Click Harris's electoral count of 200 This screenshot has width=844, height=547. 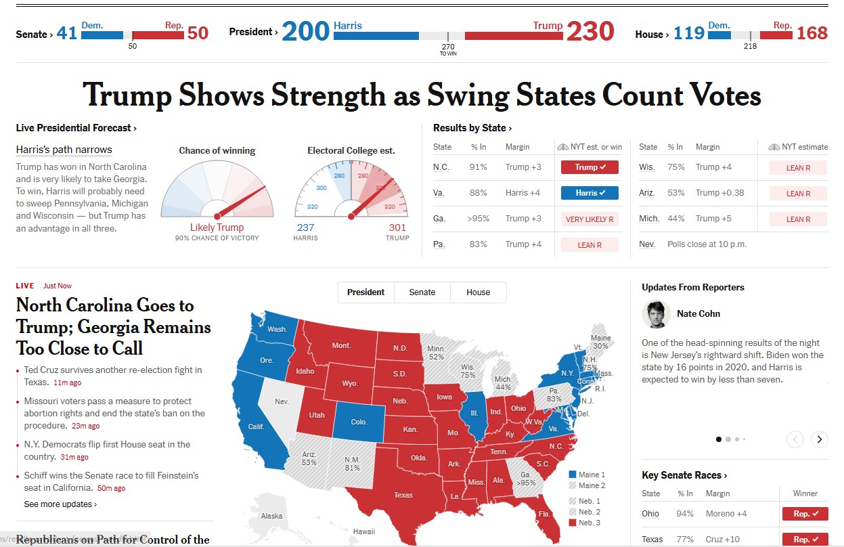[x=305, y=31]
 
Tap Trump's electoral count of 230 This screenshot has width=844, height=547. [x=590, y=31]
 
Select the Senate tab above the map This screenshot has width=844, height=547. [x=422, y=292]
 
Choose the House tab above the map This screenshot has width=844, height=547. [x=478, y=292]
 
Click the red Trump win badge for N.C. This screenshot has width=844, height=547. [x=589, y=167]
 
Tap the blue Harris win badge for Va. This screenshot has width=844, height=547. [x=589, y=193]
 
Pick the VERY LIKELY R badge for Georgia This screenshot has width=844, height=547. [x=589, y=219]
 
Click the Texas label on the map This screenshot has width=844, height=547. [x=403, y=495]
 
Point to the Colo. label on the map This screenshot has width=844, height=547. [x=359, y=422]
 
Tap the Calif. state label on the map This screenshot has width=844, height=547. [x=256, y=426]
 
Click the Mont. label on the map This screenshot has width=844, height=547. [x=341, y=345]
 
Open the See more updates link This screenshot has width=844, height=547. [x=60, y=504]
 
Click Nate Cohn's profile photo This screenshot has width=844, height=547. [x=655, y=314]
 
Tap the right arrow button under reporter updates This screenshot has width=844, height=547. [x=819, y=439]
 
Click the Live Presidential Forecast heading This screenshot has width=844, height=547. [x=76, y=128]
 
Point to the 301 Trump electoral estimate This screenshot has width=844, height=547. [x=397, y=227]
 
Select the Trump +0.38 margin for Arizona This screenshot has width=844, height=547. [x=719, y=193]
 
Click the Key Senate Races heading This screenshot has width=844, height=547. [x=684, y=475]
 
